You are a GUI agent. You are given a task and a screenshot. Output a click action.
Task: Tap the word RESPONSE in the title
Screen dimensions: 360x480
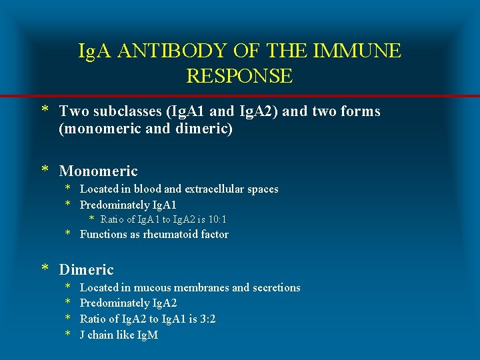click(x=239, y=76)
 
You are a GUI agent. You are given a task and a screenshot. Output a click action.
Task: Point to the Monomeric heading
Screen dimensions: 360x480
click(x=98, y=171)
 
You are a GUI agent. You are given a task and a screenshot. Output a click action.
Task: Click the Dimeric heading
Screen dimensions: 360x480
click(x=86, y=269)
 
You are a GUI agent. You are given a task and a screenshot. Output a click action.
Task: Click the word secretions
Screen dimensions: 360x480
click(x=275, y=288)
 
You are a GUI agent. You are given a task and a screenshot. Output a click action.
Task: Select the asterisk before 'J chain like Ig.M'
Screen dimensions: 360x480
click(x=67, y=335)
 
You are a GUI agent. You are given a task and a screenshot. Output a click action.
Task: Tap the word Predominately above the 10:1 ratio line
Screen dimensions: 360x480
click(x=109, y=205)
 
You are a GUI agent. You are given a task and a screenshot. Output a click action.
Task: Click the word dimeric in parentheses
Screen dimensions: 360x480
click(x=203, y=129)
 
